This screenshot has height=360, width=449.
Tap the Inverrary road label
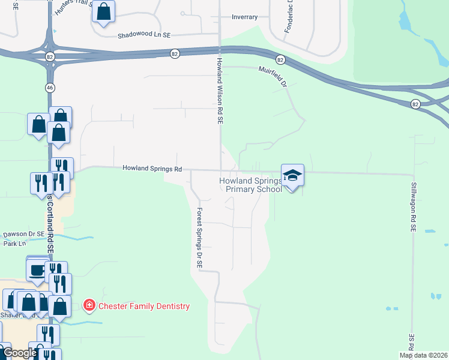[245, 17]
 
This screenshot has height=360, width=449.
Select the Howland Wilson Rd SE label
[220, 91]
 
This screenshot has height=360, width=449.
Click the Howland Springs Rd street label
[152, 169]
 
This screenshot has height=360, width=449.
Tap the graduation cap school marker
[292, 175]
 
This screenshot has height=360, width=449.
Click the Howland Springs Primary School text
[250, 185]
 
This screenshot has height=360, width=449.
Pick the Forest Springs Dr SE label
[200, 238]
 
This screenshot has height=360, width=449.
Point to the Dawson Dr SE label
[23, 234]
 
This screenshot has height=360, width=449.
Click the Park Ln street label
[15, 244]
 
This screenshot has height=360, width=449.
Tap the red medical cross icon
[89, 306]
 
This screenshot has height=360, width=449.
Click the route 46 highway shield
[50, 87]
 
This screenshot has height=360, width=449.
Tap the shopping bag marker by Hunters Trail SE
[103, 12]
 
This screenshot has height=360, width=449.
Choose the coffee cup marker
[37, 270]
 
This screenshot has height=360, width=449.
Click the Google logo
[20, 353]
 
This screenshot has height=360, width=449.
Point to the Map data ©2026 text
[423, 355]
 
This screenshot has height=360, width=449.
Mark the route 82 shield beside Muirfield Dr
[280, 59]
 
